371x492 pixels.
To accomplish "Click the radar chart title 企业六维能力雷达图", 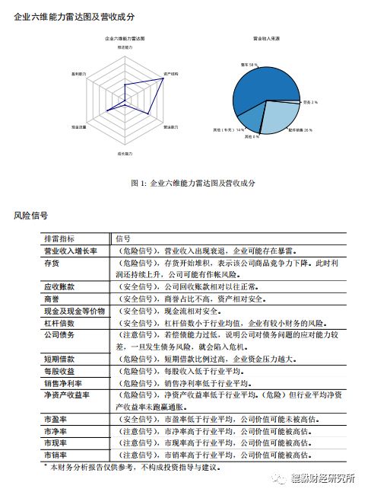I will pyautogui.click(x=124, y=37).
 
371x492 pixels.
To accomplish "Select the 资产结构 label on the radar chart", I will pyautogui.click(x=171, y=73).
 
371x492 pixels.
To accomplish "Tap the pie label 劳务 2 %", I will pyautogui.click(x=311, y=101).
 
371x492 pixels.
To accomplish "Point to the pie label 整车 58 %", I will pyautogui.click(x=249, y=66).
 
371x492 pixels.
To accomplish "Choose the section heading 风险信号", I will pyautogui.click(x=31, y=216).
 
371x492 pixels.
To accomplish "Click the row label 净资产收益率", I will pyautogui.click(x=67, y=395).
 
